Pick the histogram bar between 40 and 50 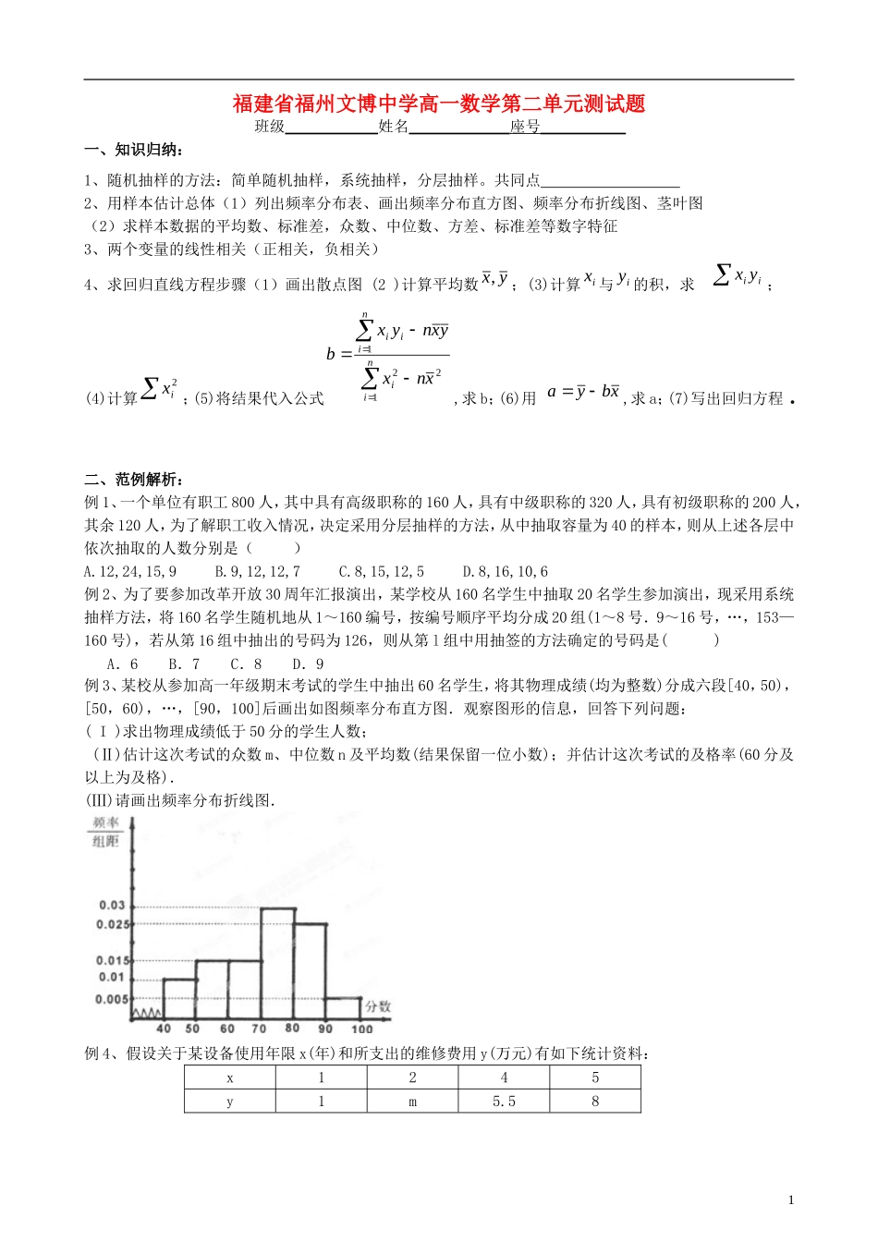(x=179, y=998)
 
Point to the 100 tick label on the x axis (x=361, y=1029)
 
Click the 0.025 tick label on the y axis (x=114, y=924)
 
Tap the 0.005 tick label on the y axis (x=112, y=999)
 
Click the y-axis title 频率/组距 (x=106, y=832)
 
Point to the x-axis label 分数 (x=378, y=1006)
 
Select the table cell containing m (x=412, y=1101)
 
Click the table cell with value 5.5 (x=504, y=1101)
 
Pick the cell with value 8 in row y (x=595, y=1101)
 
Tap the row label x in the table (x=230, y=1078)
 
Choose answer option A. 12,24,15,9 (x=130, y=572)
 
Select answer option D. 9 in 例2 (x=308, y=664)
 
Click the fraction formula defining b (x=389, y=356)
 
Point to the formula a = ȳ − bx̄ (x=583, y=392)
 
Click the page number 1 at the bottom (x=791, y=1200)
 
